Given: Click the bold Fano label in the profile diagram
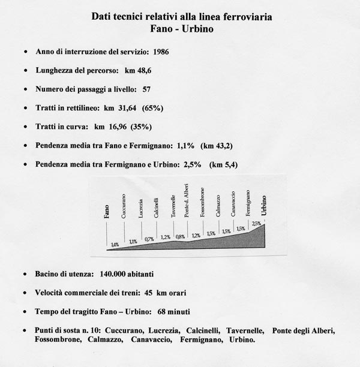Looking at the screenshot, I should click(x=107, y=210).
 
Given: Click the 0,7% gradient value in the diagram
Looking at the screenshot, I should click(x=149, y=239).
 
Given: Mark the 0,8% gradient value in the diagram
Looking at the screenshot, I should click(x=180, y=236).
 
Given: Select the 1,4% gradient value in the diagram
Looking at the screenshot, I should click(x=115, y=245).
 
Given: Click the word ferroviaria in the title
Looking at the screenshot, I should click(x=247, y=17).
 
